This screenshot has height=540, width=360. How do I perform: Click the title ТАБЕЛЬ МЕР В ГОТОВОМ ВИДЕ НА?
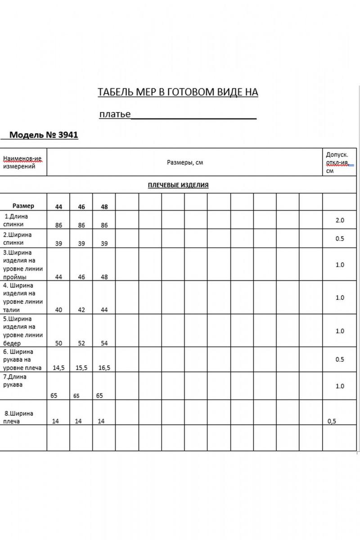tap(178, 92)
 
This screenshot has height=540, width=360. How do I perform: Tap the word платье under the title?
tap(115, 114)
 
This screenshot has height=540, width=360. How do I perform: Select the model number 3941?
tap(68, 135)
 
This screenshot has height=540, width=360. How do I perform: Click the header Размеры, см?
tap(184, 162)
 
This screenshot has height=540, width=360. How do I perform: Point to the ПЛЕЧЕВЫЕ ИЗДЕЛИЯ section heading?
tap(178, 185)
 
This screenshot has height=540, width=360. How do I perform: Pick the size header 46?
tap(81, 207)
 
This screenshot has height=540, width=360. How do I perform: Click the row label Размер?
tap(23, 206)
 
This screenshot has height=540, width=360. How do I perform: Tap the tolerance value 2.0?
tap(339, 220)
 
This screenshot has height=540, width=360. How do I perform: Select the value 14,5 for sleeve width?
tap(58, 368)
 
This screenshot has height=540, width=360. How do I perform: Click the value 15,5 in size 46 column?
tap(81, 368)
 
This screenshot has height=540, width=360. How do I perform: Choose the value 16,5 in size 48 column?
tap(104, 368)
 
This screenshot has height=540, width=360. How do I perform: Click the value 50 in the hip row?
tap(58, 343)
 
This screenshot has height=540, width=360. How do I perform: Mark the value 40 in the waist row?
tap(58, 310)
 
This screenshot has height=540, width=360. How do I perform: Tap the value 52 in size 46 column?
tap(81, 343)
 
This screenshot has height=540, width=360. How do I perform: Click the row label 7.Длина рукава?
tap(15, 381)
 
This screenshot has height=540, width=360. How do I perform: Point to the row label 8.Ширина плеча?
tap(18, 417)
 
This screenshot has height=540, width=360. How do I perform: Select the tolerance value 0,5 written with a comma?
tap(332, 421)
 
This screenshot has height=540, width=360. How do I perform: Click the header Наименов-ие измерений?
tap(22, 162)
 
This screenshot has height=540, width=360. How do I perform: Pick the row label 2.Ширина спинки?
tap(18, 238)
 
